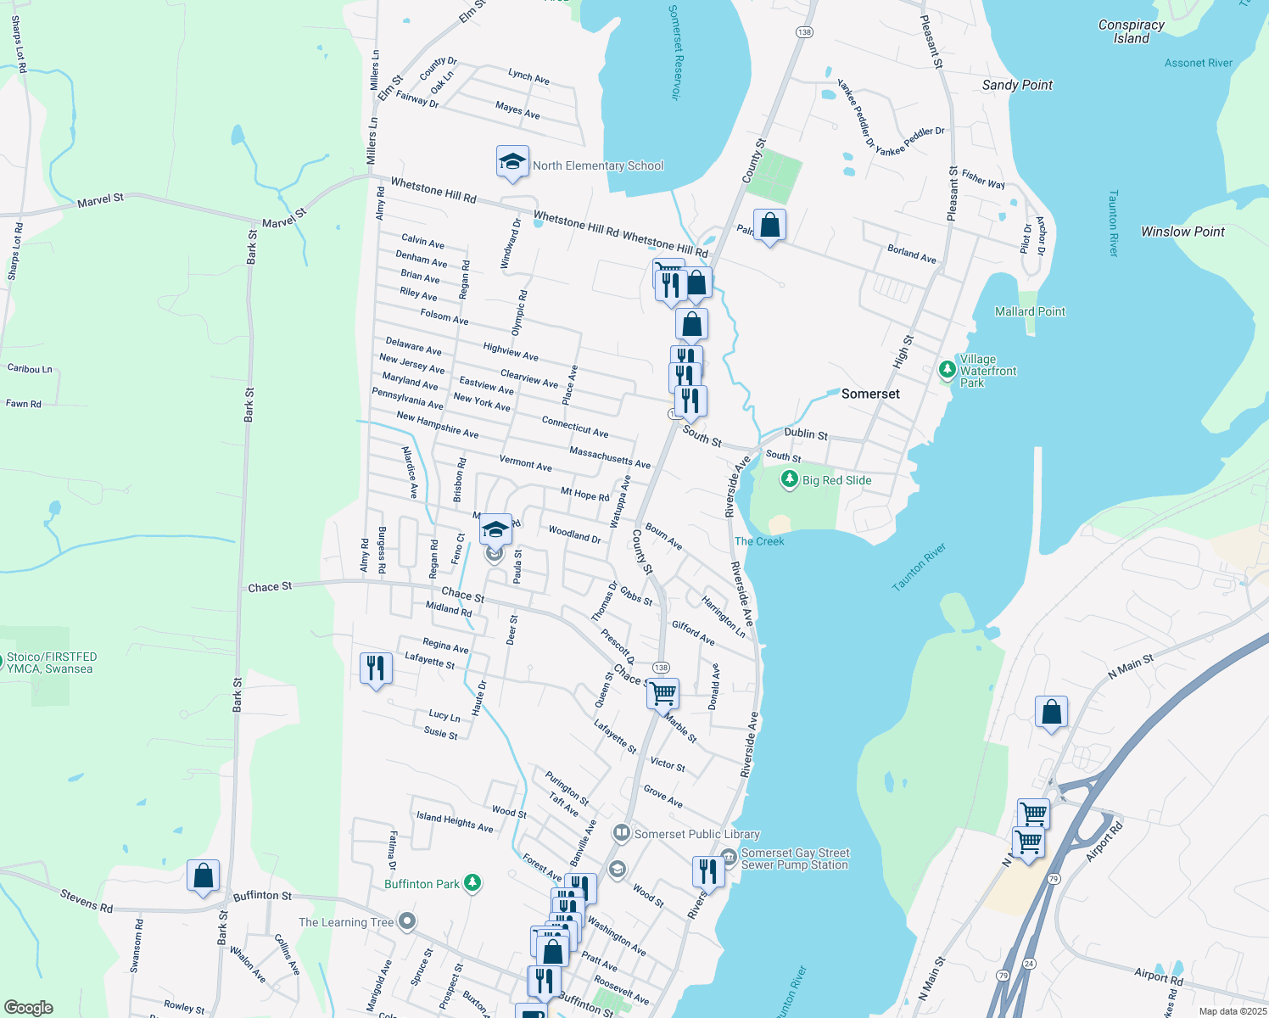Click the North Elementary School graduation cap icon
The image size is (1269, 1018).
coord(512,161)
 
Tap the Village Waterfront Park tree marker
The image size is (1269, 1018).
coord(948,370)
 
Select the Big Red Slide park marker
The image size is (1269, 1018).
coord(790,479)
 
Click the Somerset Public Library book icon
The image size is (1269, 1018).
coord(622,834)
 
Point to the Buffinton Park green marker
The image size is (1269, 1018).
coord(472,883)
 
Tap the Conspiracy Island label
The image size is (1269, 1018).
coord(1131,31)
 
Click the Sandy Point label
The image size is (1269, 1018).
coord(1017,85)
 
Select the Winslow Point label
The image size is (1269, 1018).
coord(1182,232)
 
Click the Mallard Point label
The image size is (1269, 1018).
coord(1030,311)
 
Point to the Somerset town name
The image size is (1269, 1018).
coord(870,394)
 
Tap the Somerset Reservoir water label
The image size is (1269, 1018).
coord(675,53)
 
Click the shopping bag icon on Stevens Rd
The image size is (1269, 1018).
coord(203,875)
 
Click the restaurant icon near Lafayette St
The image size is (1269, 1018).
coord(375,668)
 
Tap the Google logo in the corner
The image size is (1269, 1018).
coord(29,1007)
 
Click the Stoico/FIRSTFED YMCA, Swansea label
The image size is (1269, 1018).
coord(52,663)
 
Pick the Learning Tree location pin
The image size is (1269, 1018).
coord(407,921)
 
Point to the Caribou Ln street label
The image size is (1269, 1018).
coord(30,369)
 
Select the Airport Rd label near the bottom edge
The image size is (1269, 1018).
coord(1159,976)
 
